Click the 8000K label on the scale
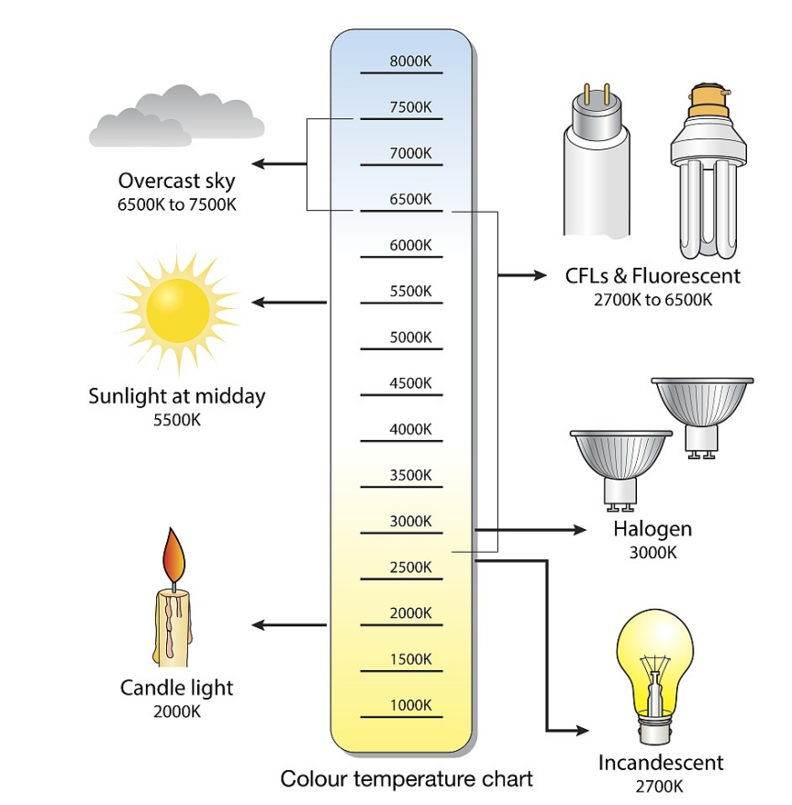410,61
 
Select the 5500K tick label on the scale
410,292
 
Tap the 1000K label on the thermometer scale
410,705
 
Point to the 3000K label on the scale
410,521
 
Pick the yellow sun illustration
178,303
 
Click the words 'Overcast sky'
176,180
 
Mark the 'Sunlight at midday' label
176,397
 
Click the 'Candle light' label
176,688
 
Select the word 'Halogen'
653,529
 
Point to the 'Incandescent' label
661,763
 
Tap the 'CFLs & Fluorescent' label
653,275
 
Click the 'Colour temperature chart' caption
407,779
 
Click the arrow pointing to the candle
288,625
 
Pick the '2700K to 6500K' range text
653,299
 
